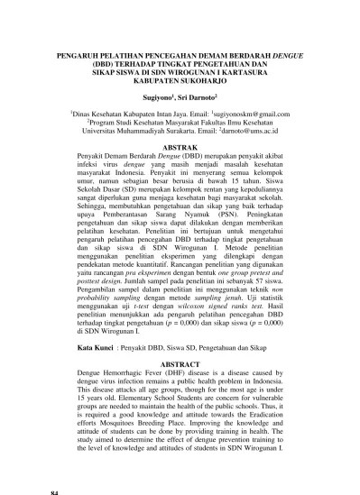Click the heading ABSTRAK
click(180, 145)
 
